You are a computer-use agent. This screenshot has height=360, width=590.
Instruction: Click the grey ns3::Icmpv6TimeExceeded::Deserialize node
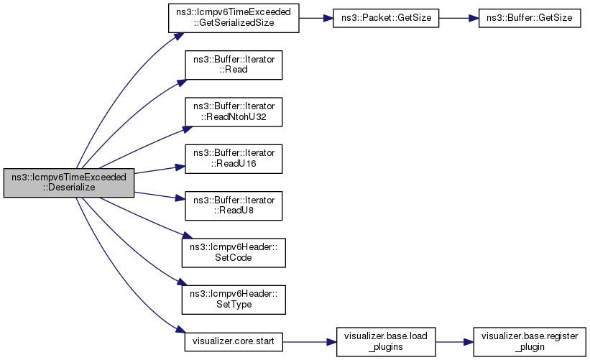[69, 183]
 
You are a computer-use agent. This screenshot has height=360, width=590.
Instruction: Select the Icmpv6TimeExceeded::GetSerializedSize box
[234, 18]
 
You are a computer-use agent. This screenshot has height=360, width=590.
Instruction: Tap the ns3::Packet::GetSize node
[386, 18]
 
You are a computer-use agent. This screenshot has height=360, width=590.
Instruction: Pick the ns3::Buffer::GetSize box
[530, 18]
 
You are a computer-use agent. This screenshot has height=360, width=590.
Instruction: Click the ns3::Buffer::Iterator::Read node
[234, 65]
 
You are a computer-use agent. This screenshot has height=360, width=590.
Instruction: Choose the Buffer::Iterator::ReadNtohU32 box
[234, 111]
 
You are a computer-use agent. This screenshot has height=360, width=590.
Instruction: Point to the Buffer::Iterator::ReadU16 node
[234, 159]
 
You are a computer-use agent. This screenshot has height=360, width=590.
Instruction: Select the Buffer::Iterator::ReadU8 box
[234, 206]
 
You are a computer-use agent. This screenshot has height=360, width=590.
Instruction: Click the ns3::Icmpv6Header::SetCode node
[234, 253]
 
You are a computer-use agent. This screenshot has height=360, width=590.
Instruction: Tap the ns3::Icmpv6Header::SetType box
[234, 300]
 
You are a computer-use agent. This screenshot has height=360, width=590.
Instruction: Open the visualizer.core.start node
[234, 342]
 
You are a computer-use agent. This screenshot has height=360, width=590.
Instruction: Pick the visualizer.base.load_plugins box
[386, 342]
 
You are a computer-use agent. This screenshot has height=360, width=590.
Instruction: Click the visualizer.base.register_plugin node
[530, 342]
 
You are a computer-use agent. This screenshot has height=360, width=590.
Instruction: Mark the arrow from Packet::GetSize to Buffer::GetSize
[458, 18]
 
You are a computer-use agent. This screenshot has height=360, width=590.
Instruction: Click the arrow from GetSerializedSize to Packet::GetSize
[316, 18]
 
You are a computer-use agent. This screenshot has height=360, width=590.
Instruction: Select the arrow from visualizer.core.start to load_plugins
[309, 342]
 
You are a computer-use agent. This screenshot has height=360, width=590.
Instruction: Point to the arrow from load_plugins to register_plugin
[455, 342]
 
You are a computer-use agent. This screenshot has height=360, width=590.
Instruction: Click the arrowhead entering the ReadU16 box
[180, 167]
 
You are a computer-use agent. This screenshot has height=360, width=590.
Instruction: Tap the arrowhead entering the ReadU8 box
[180, 198]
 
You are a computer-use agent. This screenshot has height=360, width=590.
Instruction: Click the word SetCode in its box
[234, 258]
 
